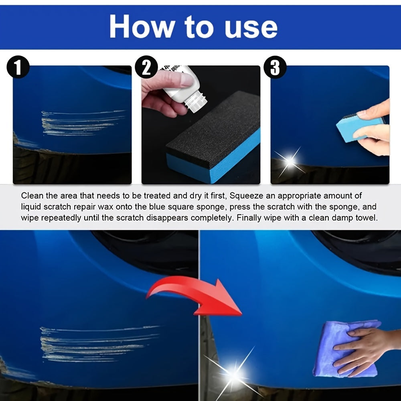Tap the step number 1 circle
18,67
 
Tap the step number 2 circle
146,67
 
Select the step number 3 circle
275,67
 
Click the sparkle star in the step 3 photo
289,161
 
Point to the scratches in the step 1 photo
80,122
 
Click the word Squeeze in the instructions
245,196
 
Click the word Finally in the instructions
249,218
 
